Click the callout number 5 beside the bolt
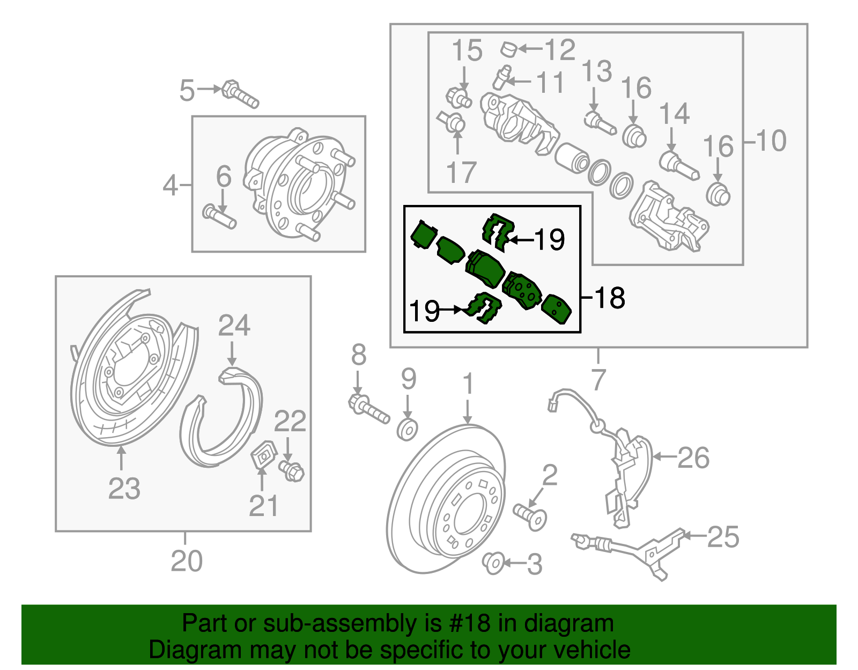tap(187, 90)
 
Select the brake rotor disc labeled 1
tap(445, 499)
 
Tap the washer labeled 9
tap(408, 430)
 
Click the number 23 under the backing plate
tap(124, 488)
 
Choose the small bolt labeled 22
tap(292, 471)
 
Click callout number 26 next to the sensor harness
tap(693, 458)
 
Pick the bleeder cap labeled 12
tap(508, 50)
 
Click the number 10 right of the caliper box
tap(771, 141)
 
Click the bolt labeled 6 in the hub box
tap(219, 217)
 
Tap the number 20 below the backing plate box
tap(186, 561)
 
